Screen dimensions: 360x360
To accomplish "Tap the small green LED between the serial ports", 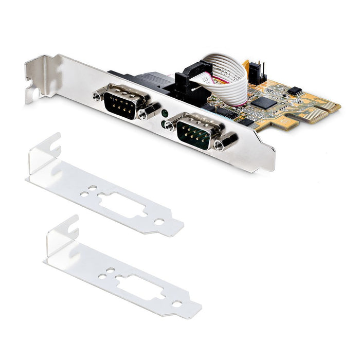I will (x=164, y=114).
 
